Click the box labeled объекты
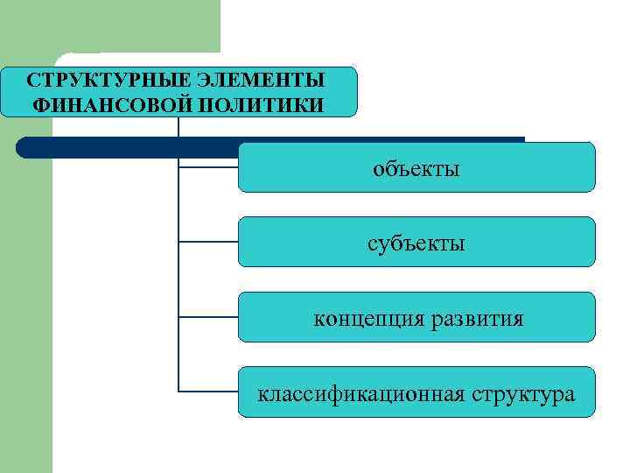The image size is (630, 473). coord(416,166)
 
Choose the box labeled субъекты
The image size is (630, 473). coord(416,242)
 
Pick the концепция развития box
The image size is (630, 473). coord(416,317)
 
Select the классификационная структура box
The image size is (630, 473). coord(416,392)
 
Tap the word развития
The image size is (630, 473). coord(476,318)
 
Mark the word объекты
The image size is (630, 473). coord(416,167)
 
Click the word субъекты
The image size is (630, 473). coord(416,243)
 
